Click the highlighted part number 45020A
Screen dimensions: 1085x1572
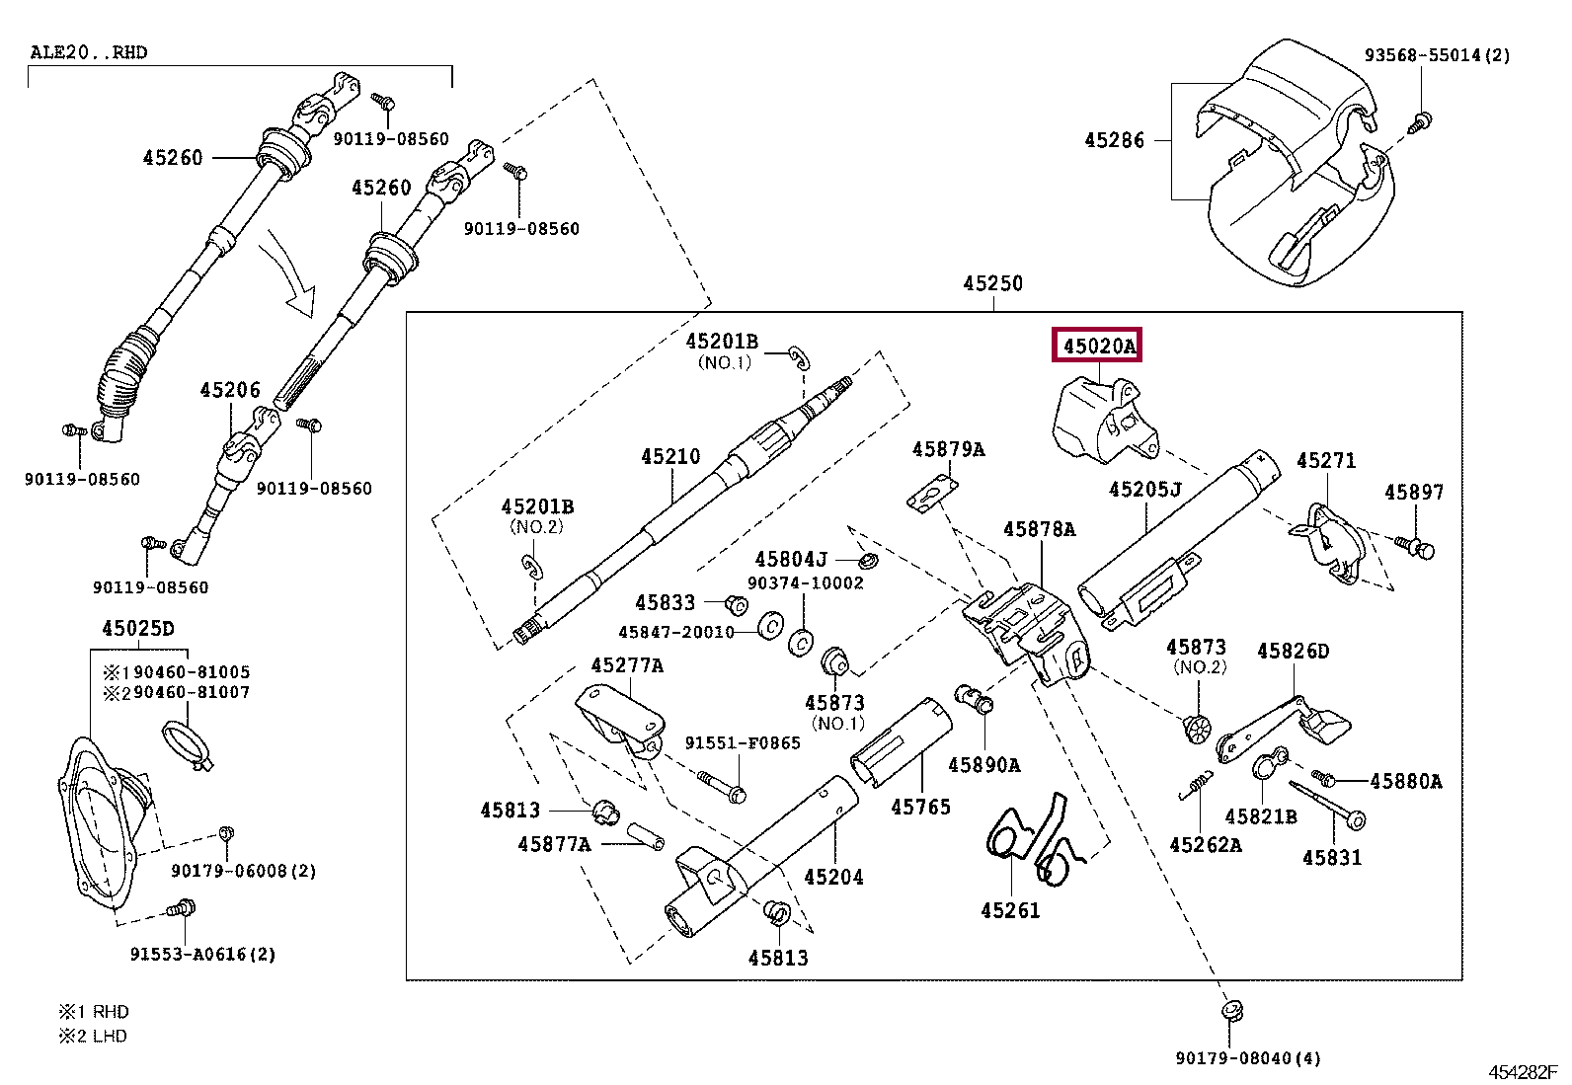[x=1098, y=347]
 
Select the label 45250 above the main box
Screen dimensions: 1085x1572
[x=992, y=284]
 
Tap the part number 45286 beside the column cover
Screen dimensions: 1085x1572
[x=1114, y=141]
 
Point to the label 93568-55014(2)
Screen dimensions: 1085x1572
[x=1437, y=55]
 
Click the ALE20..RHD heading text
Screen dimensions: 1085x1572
[x=89, y=52]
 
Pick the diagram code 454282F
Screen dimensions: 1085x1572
[x=1522, y=1072]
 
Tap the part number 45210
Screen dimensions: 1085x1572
[x=670, y=457]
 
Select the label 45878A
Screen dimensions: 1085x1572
[x=1039, y=530]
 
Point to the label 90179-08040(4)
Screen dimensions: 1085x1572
[x=1247, y=1058]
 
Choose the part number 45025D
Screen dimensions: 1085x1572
[x=138, y=629]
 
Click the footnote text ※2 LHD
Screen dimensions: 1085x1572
[x=94, y=1037]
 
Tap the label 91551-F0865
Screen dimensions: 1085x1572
[x=743, y=743]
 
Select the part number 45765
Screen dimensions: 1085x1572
[x=920, y=808]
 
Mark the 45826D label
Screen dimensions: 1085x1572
[x=1293, y=652]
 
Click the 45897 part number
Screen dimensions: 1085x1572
[x=1413, y=493]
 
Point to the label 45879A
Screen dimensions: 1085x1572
[x=948, y=450]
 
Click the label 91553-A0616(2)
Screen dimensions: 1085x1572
[x=202, y=955]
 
